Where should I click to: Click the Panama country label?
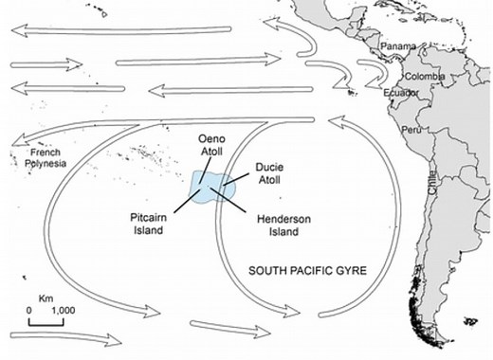pos(398,46)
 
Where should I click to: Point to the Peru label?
pos(411,129)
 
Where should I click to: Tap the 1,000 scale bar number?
pos(62,310)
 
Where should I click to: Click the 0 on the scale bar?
pos(28,310)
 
